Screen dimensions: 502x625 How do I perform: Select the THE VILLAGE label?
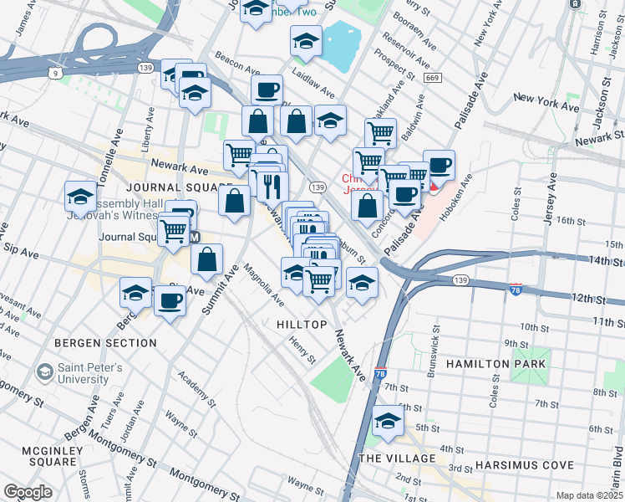pos(397,458)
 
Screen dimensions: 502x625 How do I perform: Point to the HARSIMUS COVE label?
pos(524,465)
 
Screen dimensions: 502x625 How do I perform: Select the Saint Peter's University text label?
pos(89,373)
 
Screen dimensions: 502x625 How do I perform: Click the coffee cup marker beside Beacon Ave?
pos(267,89)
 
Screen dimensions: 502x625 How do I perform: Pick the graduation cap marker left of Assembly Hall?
pos(80,195)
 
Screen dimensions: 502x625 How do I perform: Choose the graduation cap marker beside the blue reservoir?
pos(306,39)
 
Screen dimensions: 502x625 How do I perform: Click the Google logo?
pos(28,491)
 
